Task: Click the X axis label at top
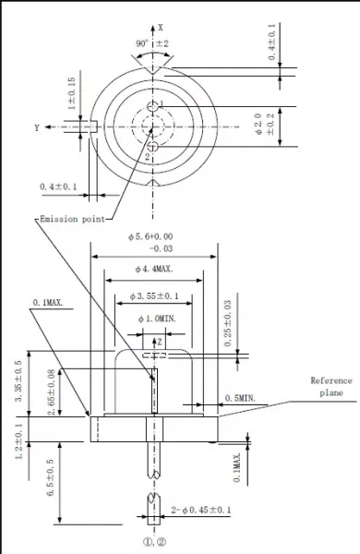coord(161,27)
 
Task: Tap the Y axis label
coord(37,128)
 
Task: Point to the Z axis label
coord(160,342)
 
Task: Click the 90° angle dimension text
coord(142,43)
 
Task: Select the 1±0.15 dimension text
coord(72,93)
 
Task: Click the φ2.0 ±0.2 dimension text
coord(264,124)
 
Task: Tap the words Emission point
coord(72,219)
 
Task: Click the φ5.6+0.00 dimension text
coord(150,236)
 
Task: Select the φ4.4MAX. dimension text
coord(154,270)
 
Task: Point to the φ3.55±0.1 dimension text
coord(154,296)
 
